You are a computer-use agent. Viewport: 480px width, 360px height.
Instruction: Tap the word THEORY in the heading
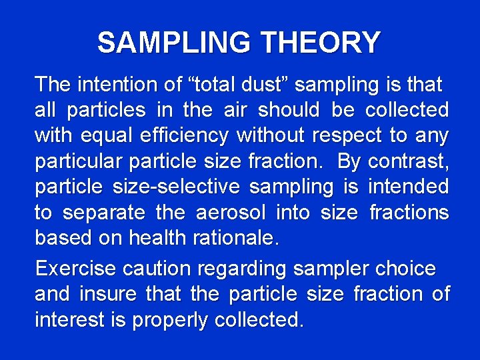tap(321, 43)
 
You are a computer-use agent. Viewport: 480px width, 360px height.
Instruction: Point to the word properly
tap(170, 321)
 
